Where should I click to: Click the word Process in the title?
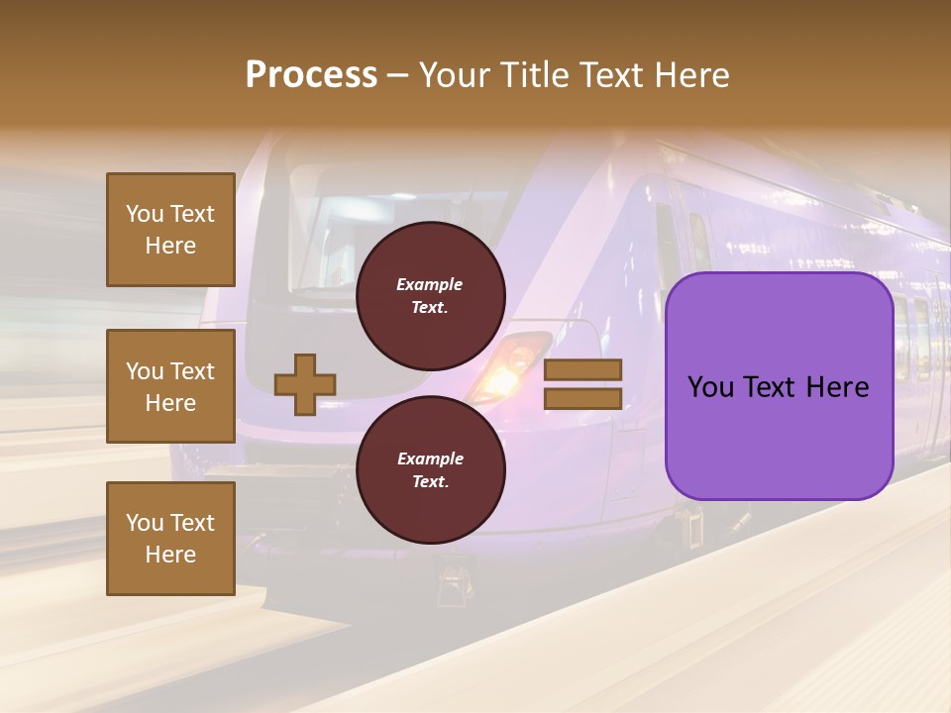point(311,75)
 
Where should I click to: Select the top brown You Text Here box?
point(170,230)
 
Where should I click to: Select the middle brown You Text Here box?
point(170,386)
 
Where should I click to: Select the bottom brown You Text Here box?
point(170,539)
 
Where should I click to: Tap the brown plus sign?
point(305,384)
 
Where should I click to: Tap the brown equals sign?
point(582,384)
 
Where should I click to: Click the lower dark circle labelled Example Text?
point(430,470)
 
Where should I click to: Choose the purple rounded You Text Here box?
point(779,386)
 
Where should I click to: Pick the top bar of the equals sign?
point(582,369)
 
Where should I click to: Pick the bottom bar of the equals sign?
point(582,398)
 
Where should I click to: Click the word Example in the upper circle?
point(430,284)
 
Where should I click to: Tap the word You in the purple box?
point(710,387)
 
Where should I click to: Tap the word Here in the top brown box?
point(170,246)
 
